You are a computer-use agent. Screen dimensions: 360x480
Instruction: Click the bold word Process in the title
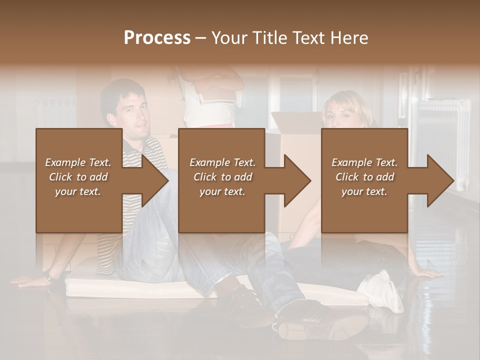(x=157, y=37)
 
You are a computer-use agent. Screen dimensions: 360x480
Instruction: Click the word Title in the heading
(x=269, y=37)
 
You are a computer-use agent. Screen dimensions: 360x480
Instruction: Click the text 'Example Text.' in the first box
(x=78, y=162)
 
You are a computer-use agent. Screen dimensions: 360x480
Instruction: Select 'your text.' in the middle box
(x=222, y=191)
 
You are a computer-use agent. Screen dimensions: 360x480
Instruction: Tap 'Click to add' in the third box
(x=364, y=177)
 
